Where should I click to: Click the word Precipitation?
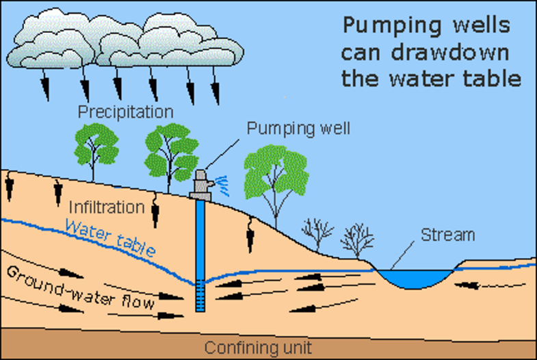click(125, 111)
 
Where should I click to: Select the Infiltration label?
click(107, 207)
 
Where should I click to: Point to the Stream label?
click(447, 235)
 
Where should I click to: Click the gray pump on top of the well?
click(200, 184)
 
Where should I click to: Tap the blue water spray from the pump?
click(220, 182)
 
